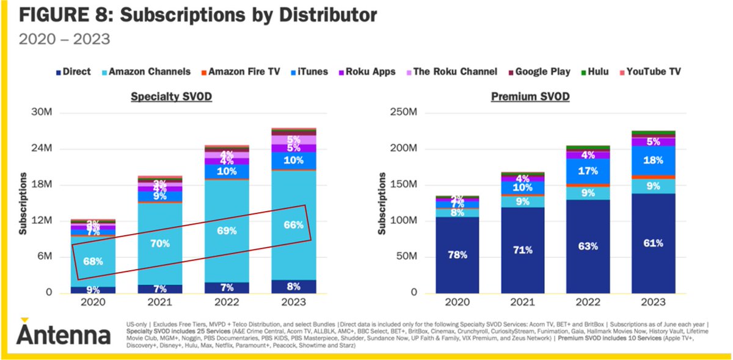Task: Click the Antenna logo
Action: pyautogui.click(x=62, y=333)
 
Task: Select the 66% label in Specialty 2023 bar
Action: pyautogui.click(x=294, y=225)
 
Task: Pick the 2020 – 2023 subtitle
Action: pyautogui.click(x=64, y=40)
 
